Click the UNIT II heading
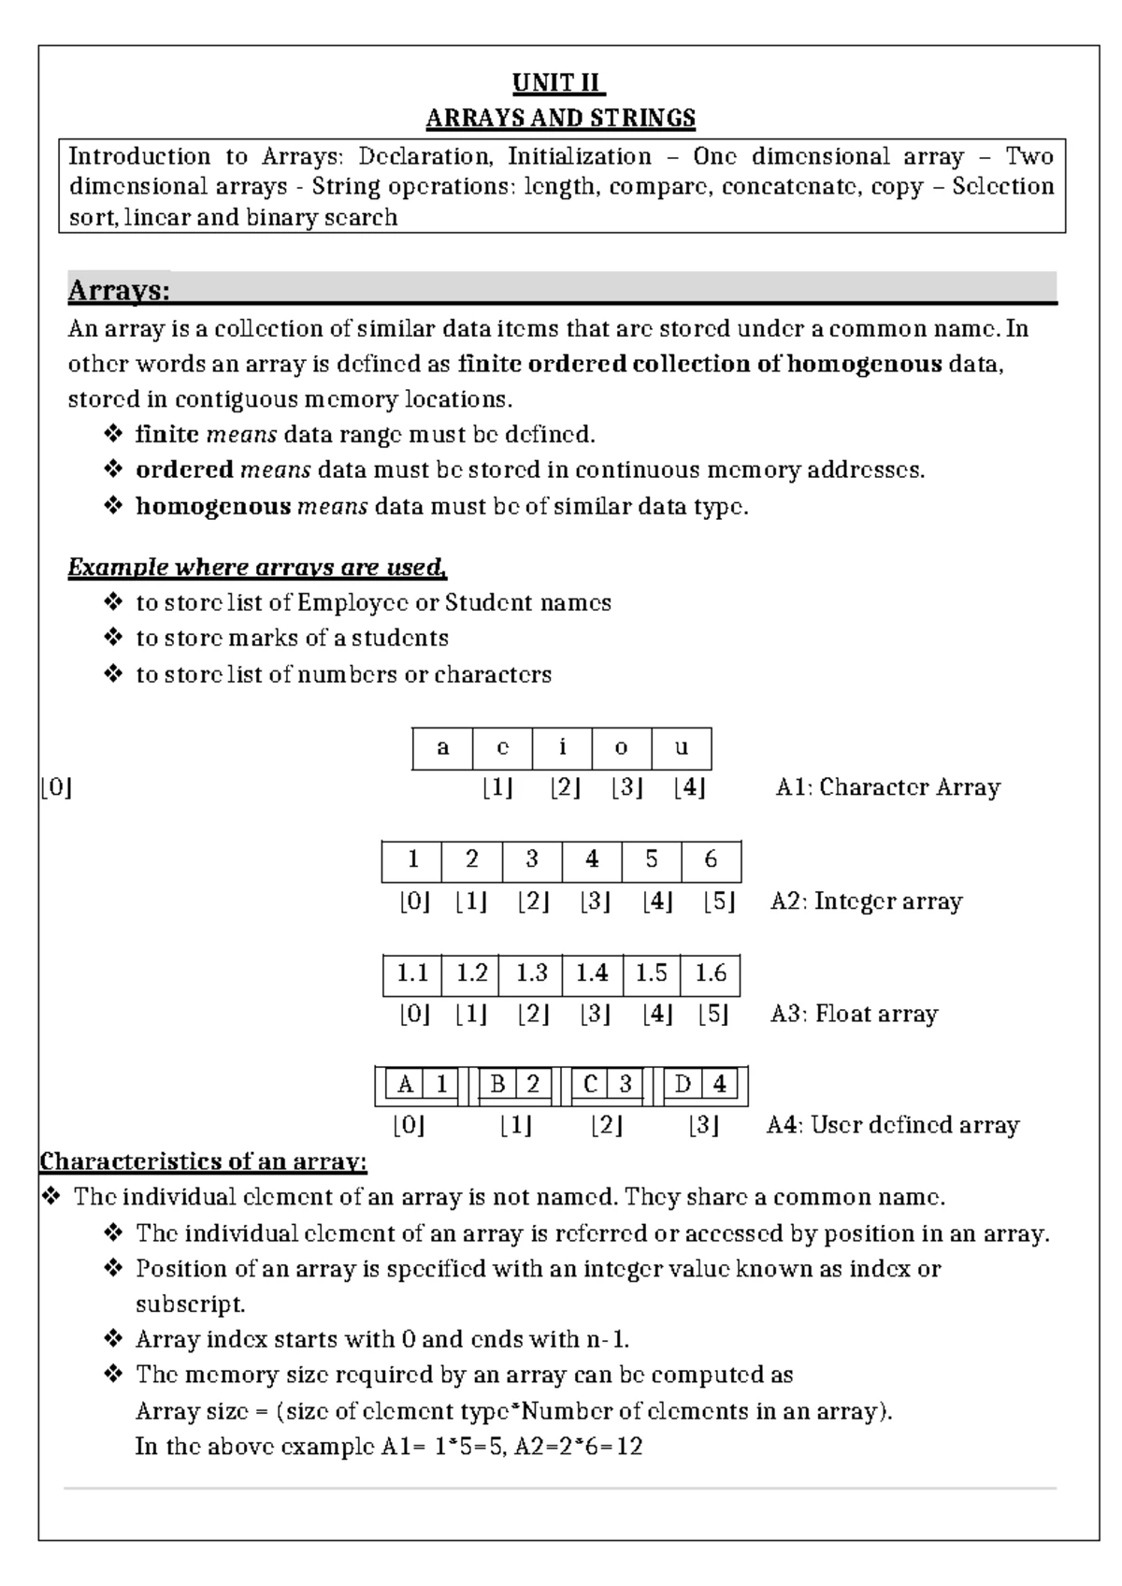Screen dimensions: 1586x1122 559,83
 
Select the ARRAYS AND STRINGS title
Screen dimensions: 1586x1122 560,119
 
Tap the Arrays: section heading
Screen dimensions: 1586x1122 119,291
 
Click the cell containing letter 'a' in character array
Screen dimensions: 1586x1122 442,748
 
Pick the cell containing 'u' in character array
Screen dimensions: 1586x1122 682,748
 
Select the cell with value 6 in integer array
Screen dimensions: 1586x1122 711,860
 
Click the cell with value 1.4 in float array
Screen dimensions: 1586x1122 592,974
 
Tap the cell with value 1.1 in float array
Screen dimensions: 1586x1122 412,974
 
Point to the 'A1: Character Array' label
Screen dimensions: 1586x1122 887,787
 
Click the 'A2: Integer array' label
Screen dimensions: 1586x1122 866,901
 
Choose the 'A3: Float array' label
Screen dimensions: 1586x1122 854,1014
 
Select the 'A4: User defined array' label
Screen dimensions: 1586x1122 892,1125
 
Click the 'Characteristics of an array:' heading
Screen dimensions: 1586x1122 203,1162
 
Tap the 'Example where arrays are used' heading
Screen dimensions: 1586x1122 257,568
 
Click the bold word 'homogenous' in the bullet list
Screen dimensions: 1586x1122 213,507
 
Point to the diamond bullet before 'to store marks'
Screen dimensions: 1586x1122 114,639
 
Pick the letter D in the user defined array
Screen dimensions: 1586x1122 683,1085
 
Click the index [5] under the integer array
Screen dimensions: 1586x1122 718,902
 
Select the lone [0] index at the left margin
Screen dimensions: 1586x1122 56,788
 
